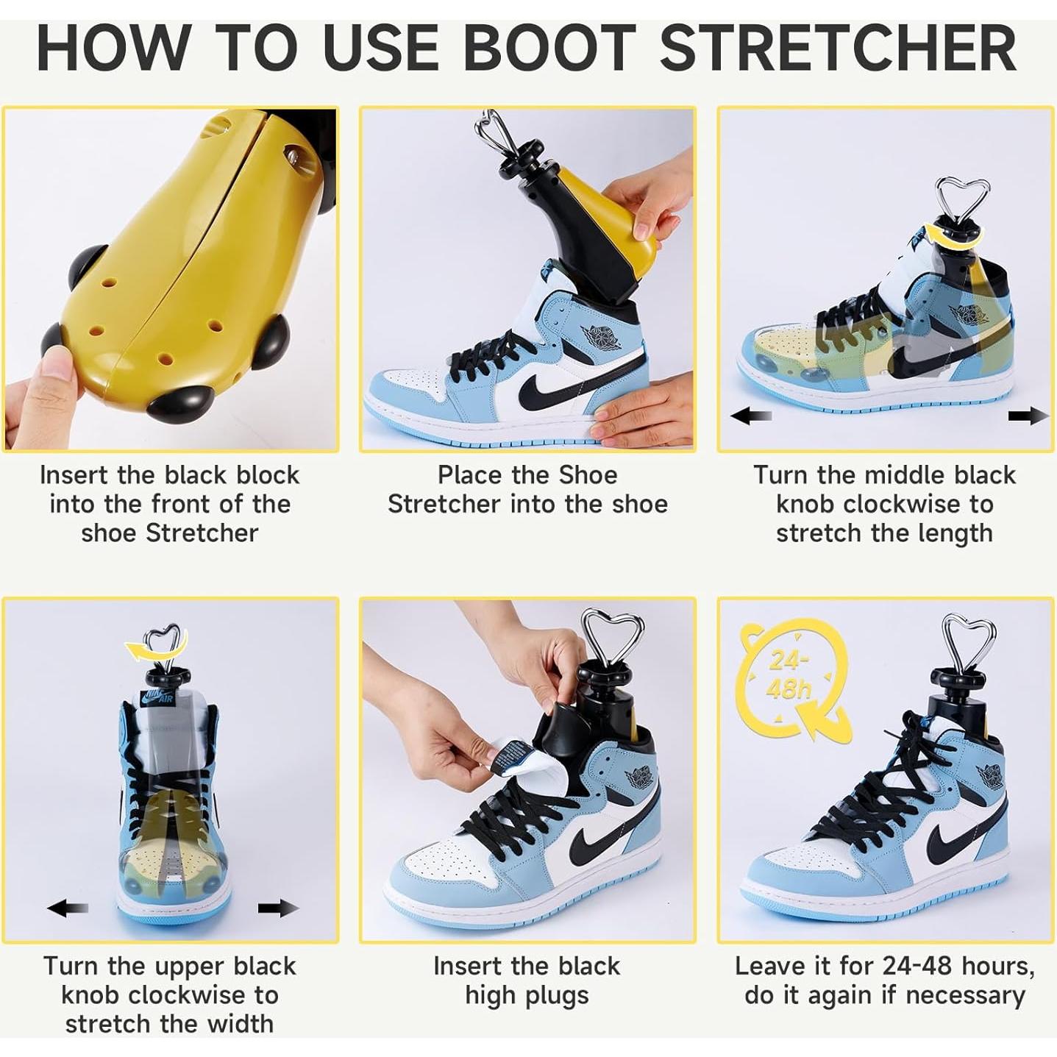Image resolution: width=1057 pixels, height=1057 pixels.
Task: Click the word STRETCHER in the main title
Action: click(839, 49)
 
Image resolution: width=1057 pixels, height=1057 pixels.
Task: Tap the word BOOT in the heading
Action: click(548, 49)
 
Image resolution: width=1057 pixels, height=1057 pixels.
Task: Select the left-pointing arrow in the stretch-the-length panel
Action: click(750, 416)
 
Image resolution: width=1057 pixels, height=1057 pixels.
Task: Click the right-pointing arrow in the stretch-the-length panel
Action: click(1028, 416)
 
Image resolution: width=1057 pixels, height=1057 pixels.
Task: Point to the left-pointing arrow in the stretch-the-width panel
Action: click(67, 908)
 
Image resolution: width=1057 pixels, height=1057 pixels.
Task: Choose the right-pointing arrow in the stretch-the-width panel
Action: click(278, 908)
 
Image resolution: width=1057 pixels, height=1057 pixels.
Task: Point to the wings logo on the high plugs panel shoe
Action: click(638, 778)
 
